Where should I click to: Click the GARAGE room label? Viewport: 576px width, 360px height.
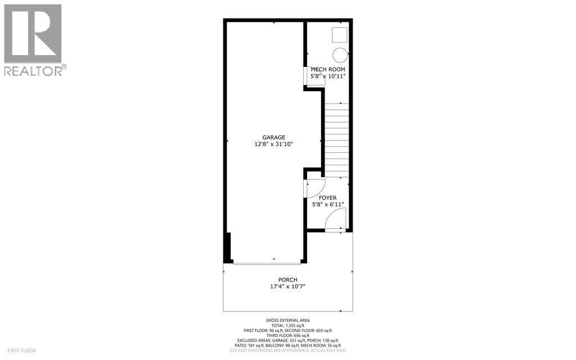(273, 137)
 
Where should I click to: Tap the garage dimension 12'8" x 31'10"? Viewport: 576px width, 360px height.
(273, 145)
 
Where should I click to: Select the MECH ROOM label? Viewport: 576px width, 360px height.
(327, 70)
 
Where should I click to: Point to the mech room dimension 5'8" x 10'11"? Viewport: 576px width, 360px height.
(327, 76)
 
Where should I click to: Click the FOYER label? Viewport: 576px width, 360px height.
(327, 198)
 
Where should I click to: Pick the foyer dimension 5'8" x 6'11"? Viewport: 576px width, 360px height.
(327, 205)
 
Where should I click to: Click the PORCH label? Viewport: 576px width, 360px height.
(287, 280)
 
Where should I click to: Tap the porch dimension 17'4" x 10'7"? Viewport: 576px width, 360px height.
(287, 287)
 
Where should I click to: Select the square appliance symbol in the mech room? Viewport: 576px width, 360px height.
(339, 34)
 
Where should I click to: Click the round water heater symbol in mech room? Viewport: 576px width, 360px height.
(340, 55)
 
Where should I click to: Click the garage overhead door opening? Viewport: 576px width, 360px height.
(267, 262)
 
